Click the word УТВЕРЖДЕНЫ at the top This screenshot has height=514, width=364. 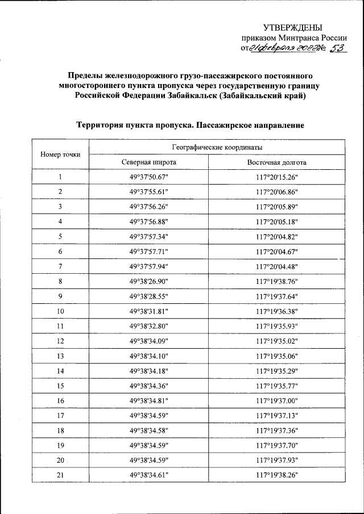292,27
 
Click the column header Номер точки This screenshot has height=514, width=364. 60,154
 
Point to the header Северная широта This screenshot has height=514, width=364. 149,162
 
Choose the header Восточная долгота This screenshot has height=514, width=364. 277,162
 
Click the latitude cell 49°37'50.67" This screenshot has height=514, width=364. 149,177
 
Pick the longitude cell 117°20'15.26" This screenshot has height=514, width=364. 277,177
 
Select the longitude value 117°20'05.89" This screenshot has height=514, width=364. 277,207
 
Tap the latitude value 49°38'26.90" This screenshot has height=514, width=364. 149,281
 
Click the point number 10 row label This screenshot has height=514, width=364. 60,311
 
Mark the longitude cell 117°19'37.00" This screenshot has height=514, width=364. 277,401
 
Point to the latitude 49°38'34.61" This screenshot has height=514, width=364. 149,475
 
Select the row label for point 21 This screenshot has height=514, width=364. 60,475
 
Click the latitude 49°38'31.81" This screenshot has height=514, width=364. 149,311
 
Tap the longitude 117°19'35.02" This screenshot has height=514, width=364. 277,341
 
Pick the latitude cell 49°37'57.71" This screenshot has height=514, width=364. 149,251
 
